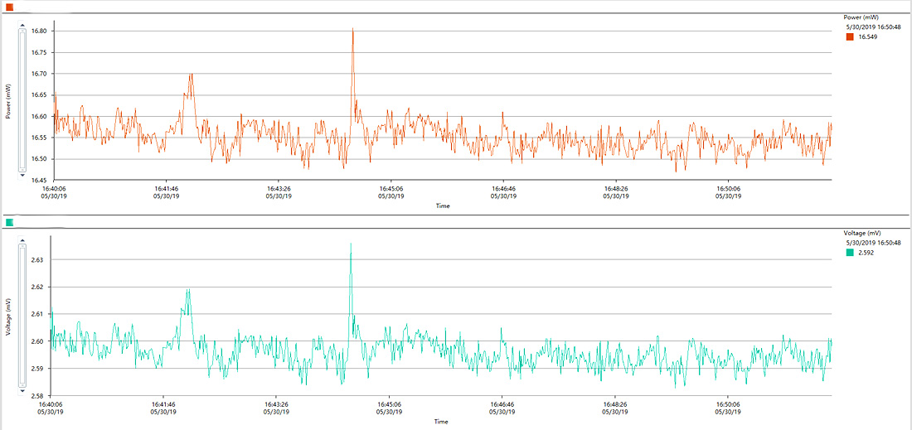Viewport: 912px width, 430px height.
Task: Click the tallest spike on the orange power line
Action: tap(352, 29)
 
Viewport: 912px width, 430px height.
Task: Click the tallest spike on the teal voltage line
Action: tap(351, 244)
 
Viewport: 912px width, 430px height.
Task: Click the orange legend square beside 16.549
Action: tap(850, 36)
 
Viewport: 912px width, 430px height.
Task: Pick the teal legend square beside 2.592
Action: tap(850, 252)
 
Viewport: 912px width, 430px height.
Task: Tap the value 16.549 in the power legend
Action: tap(868, 37)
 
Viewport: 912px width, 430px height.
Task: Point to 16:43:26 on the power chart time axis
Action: tap(279, 189)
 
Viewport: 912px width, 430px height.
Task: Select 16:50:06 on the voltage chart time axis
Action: tap(728, 404)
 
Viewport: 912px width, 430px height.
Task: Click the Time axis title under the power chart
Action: tap(444, 205)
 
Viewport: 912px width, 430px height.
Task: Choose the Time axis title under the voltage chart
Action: tap(441, 421)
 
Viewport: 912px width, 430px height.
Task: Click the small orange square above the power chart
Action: tap(9, 7)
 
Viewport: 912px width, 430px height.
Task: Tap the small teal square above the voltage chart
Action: tap(9, 222)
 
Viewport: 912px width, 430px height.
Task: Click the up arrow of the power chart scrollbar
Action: tap(22, 25)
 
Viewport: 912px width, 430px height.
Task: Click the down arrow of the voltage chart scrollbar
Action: tap(22, 390)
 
